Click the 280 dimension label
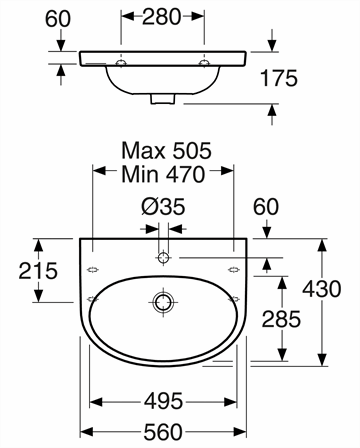(x=161, y=17)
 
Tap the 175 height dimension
(x=279, y=79)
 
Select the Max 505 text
(x=166, y=151)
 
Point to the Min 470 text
(x=163, y=174)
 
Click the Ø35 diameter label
(x=163, y=206)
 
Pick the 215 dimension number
(x=38, y=271)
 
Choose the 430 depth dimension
(x=322, y=289)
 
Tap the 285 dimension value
(x=281, y=319)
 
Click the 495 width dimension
(x=163, y=401)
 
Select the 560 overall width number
(x=163, y=432)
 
